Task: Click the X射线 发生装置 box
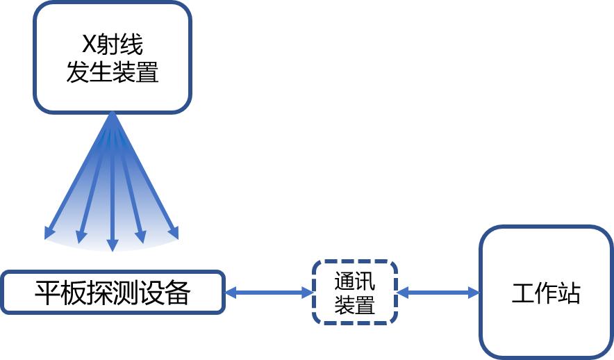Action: click(112, 57)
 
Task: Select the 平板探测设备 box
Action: click(113, 292)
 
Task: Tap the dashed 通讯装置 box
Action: click(354, 292)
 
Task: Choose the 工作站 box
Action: click(545, 292)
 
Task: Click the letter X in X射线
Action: click(88, 45)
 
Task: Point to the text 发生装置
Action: click(112, 72)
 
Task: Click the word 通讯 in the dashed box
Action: click(354, 281)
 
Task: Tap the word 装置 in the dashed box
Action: click(354, 305)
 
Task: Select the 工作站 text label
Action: click(545, 293)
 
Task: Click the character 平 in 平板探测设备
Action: click(47, 293)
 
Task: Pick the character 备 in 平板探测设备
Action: click(178, 293)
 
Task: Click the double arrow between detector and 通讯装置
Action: click(269, 293)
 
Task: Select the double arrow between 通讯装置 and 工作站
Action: click(438, 293)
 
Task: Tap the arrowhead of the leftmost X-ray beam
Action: click(49, 234)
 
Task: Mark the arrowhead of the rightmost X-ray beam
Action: click(174, 234)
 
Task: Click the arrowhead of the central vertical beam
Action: click(112, 245)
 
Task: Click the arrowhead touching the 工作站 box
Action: click(474, 293)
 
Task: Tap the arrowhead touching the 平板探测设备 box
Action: click(231, 293)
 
